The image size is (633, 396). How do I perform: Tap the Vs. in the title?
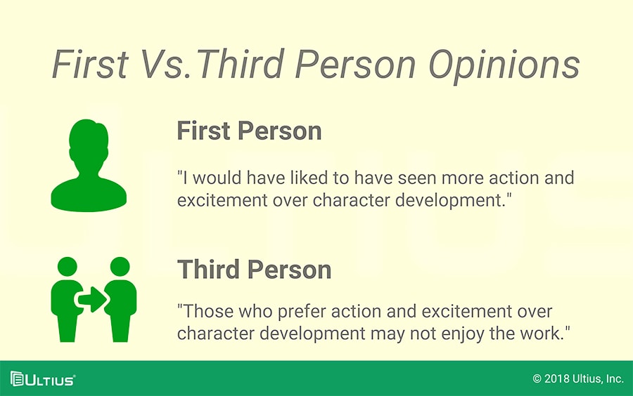(x=165, y=64)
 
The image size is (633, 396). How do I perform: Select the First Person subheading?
(x=249, y=131)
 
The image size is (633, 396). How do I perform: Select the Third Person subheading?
(x=254, y=269)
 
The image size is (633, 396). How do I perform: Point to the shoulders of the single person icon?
(x=89, y=194)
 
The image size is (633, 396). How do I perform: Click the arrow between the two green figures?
(x=93, y=299)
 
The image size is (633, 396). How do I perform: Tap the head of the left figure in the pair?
(x=68, y=267)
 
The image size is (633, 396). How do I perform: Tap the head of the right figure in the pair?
(x=120, y=267)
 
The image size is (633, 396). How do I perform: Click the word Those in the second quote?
(x=208, y=312)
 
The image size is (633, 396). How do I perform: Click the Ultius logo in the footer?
(x=43, y=379)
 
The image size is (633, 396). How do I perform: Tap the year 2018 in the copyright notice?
(x=557, y=378)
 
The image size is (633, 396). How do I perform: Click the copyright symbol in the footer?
(x=537, y=378)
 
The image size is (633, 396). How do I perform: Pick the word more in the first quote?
(x=463, y=178)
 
